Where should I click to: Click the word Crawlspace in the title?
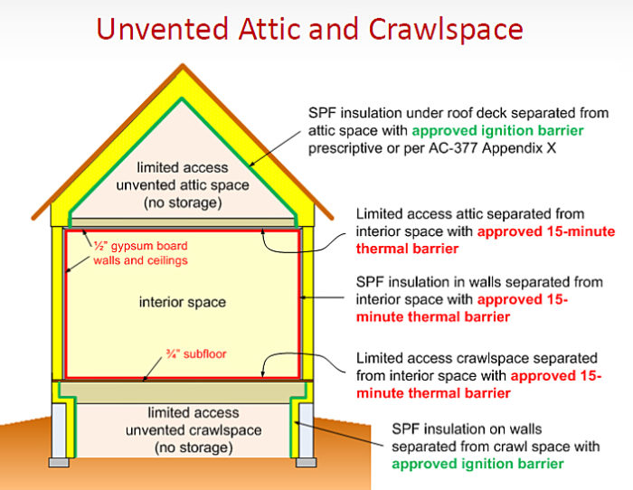point(446,29)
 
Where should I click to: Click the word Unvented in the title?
point(162,29)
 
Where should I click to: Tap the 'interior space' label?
point(183,302)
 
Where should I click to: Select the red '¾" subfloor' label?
point(196,354)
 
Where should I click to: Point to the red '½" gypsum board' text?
point(140,246)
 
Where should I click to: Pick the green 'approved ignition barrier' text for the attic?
point(497,131)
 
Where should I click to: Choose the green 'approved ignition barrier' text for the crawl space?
point(477,464)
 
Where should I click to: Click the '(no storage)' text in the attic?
point(183,203)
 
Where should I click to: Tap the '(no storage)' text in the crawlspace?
point(194,448)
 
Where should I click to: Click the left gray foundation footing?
point(59,462)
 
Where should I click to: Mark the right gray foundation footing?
point(306,462)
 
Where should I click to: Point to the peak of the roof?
point(183,64)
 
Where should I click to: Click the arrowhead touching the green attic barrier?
point(251,164)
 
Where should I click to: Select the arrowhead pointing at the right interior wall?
point(304,297)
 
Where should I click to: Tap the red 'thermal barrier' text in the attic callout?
point(407,249)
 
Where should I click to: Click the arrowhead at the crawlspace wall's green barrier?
point(298,423)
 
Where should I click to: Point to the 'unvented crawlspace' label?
point(194,430)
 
